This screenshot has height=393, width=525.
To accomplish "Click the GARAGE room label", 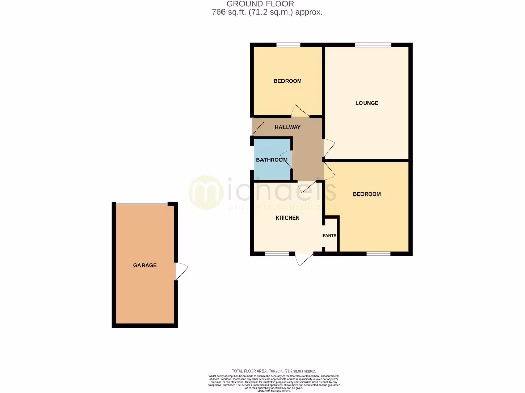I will (145, 265).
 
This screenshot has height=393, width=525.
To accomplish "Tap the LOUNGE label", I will (367, 103).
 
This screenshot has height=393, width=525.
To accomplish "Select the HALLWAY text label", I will (288, 127).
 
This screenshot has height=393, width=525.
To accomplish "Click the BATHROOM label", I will (272, 160).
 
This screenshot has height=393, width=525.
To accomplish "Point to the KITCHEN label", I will (288, 218).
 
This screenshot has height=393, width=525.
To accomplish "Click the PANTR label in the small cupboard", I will (330, 236).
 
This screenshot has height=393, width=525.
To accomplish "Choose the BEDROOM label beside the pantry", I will (367, 194).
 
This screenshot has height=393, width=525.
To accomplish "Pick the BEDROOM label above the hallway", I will (288, 81).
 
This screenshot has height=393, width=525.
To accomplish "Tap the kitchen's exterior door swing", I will (304, 259).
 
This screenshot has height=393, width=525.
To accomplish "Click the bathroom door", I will (287, 159).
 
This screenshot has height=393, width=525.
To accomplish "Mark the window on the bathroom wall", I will (251, 159).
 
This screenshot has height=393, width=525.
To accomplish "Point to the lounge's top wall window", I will (372, 45).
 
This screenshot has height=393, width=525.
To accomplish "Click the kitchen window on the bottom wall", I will (276, 254).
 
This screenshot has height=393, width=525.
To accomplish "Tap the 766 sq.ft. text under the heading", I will (267, 12).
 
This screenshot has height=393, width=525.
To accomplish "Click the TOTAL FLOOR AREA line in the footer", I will (274, 370).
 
